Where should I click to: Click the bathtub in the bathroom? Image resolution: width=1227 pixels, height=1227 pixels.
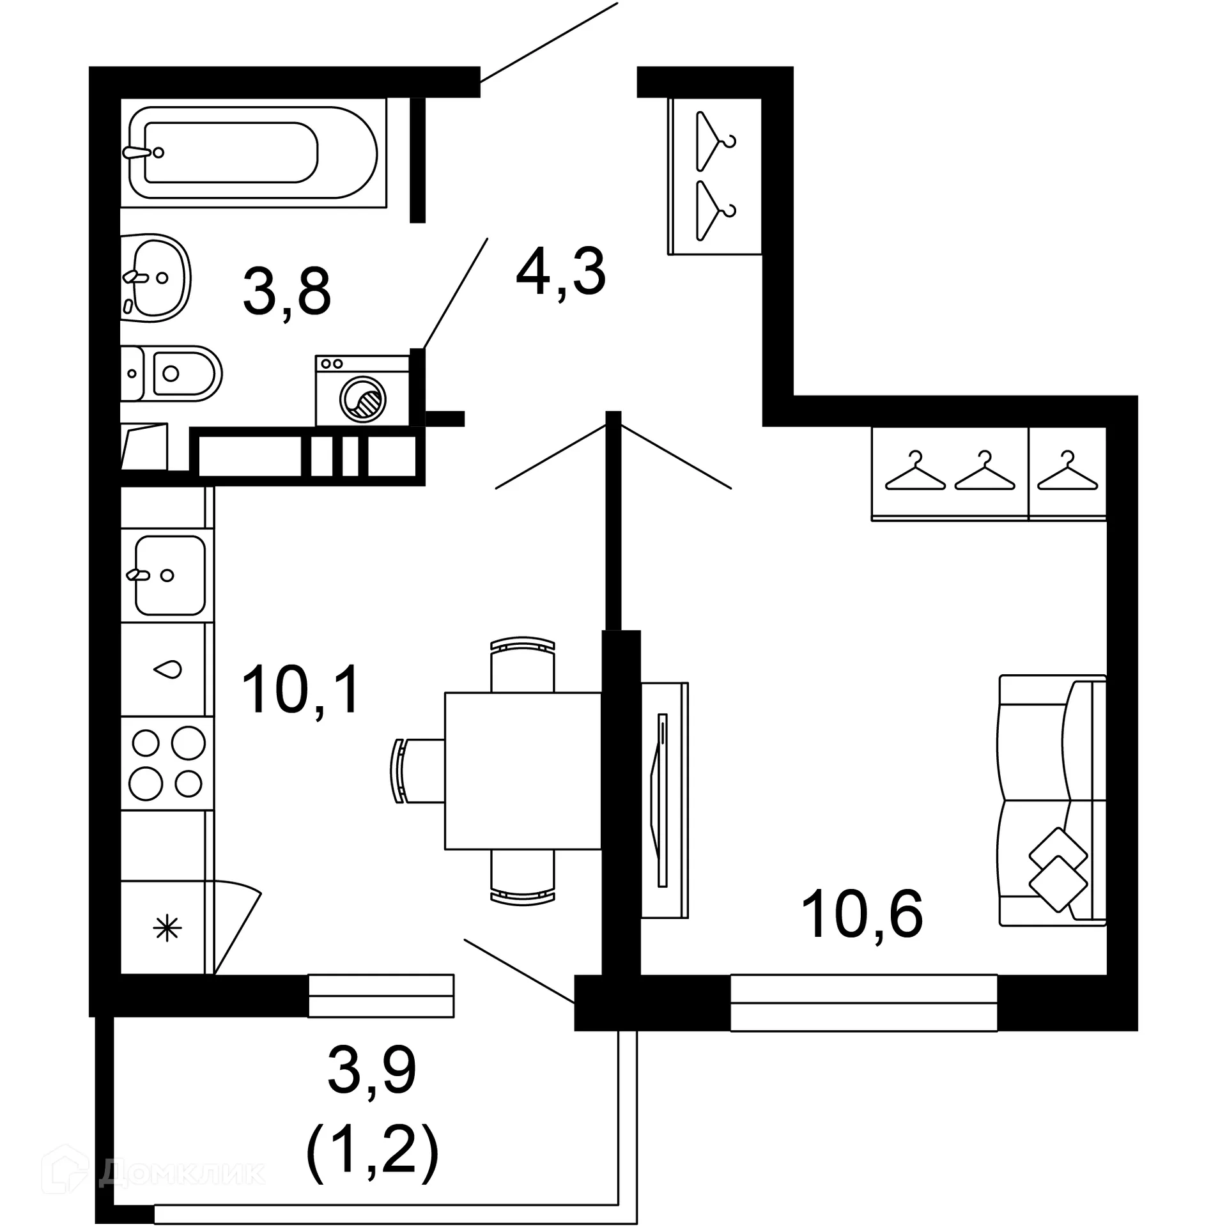(252, 153)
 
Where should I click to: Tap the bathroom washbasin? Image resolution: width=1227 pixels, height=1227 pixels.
(157, 277)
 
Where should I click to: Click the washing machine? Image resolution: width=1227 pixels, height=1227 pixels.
(362, 391)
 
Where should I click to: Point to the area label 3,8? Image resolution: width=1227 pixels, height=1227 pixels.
(287, 292)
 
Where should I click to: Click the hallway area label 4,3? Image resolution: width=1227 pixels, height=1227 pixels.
(560, 273)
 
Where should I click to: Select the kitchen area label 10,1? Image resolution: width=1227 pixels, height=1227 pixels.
(300, 690)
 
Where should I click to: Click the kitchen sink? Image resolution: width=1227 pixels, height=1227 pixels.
(169, 575)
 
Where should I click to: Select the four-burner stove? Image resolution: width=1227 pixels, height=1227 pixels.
(167, 764)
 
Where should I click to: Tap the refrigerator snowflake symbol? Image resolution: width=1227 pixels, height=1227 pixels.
(167, 928)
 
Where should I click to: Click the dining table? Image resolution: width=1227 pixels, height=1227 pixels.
(523, 771)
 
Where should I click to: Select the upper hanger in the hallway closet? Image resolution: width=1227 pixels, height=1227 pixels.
(714, 141)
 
